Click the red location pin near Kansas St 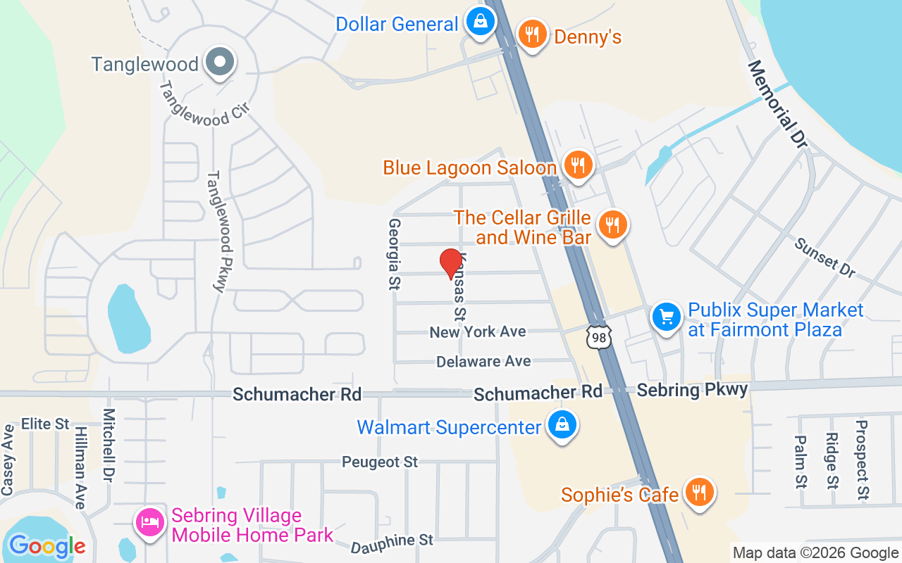(x=451, y=263)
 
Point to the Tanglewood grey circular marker (x=220, y=63)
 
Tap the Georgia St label (x=394, y=254)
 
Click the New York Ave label (x=478, y=331)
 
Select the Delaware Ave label (x=483, y=361)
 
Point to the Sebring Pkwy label (x=692, y=391)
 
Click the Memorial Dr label (x=777, y=103)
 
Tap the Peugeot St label (x=380, y=462)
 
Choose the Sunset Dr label (x=824, y=257)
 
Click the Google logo (x=47, y=546)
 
